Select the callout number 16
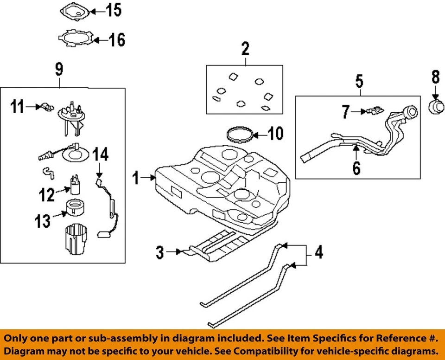(x=117, y=40)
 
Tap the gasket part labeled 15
(x=75, y=12)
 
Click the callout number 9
(x=59, y=70)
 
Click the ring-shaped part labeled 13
(x=74, y=207)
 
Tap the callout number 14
(x=101, y=154)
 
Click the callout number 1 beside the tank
(x=136, y=177)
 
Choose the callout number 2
(x=245, y=48)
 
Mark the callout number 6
(x=356, y=167)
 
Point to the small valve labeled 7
(x=375, y=111)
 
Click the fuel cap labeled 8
(x=435, y=106)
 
